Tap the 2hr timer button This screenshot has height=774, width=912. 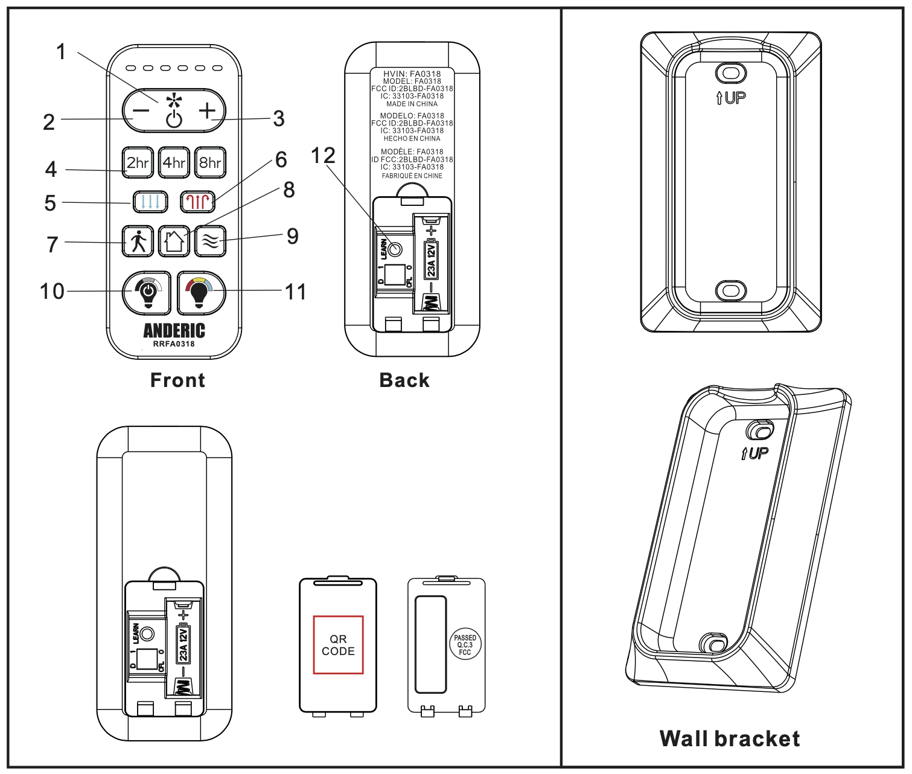pyautogui.click(x=138, y=162)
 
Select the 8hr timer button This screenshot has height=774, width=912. pyautogui.click(x=210, y=162)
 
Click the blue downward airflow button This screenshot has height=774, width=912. pyautogui.click(x=150, y=201)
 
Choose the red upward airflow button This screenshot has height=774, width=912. pyautogui.click(x=198, y=201)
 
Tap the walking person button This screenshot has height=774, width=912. pyautogui.click(x=138, y=241)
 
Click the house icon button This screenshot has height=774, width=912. pyautogui.click(x=174, y=241)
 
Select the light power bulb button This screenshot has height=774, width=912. pyautogui.click(x=147, y=293)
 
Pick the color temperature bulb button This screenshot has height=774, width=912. pyautogui.click(x=201, y=293)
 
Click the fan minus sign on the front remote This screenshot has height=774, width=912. pyautogui.click(x=141, y=110)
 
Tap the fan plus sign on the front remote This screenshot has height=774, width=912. pyautogui.click(x=207, y=110)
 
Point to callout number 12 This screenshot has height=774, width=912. pyautogui.click(x=323, y=156)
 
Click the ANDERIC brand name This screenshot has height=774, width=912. pyautogui.click(x=174, y=330)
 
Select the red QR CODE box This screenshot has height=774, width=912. pyautogui.click(x=338, y=645)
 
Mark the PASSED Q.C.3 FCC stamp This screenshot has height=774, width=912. pyautogui.click(x=465, y=645)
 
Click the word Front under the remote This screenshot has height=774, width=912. pyautogui.click(x=177, y=380)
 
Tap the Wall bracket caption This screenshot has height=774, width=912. pyautogui.click(x=730, y=738)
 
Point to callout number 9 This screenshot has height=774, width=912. pyautogui.click(x=293, y=236)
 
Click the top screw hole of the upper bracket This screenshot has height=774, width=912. pyautogui.click(x=731, y=74)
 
